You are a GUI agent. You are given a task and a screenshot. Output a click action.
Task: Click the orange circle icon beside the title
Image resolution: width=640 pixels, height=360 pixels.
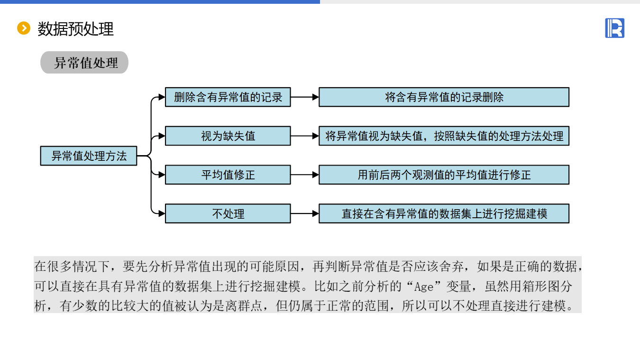[23, 28]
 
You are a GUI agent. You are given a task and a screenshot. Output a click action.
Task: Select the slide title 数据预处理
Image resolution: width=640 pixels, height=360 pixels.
[76, 29]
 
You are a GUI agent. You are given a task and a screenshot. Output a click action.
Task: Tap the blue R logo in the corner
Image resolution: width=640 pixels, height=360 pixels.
[614, 28]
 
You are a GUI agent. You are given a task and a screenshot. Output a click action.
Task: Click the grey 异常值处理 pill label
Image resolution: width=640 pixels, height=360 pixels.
[84, 63]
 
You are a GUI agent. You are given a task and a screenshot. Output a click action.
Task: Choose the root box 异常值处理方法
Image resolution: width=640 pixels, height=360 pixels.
[89, 156]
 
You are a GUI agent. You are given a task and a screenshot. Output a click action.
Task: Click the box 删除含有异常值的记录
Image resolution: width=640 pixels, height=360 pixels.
[228, 97]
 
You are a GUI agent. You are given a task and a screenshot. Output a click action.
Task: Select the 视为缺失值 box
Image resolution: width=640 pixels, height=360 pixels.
[228, 136]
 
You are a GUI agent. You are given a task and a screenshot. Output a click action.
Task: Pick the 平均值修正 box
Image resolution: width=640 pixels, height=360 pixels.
[228, 175]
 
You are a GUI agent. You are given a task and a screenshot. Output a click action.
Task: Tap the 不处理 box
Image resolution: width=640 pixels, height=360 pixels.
[228, 214]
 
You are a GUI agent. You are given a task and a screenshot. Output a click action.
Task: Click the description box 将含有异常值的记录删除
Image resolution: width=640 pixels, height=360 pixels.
[444, 97]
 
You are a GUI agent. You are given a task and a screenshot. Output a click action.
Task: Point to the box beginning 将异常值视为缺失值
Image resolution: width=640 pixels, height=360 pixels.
[444, 136]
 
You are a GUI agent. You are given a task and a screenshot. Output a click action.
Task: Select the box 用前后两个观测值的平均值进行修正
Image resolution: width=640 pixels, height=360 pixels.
[444, 175]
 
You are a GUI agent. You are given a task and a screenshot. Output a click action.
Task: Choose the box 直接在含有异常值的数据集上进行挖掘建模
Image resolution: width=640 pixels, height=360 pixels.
[444, 214]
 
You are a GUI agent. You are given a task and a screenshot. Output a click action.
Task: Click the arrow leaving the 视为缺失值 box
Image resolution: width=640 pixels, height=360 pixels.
[304, 136]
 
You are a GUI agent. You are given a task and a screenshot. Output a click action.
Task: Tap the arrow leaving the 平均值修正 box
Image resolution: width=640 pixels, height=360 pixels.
[304, 175]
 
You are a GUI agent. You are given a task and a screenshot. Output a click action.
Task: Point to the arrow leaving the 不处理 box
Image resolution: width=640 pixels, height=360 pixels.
[304, 214]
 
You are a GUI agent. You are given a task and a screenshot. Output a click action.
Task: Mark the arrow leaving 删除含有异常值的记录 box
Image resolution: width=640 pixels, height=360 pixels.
[304, 97]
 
